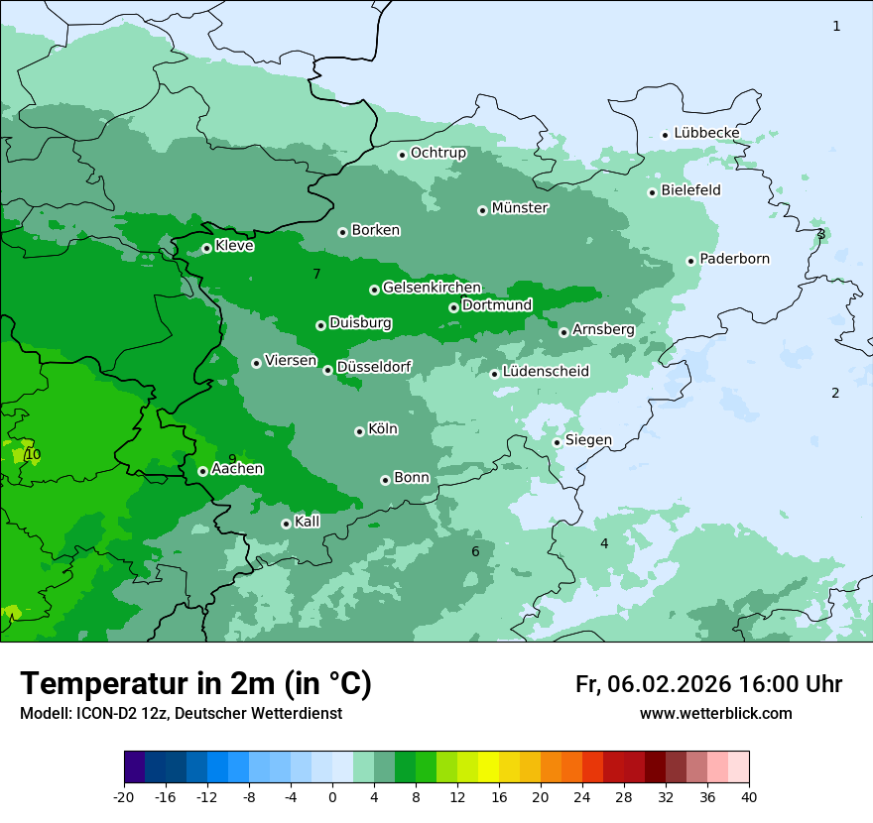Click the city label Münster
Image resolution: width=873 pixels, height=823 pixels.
(x=519, y=208)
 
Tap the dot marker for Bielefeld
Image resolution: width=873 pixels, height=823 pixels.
(x=653, y=192)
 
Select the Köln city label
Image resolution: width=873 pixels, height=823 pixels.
(x=382, y=429)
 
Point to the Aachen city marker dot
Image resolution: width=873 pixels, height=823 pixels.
(x=202, y=471)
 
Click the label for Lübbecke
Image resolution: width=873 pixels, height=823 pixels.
(x=706, y=133)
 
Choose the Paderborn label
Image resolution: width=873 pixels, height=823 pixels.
(x=734, y=259)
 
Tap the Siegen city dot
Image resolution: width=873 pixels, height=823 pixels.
(x=557, y=442)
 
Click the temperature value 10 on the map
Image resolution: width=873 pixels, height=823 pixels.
(x=33, y=455)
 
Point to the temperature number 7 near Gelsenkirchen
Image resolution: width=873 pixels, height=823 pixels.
(x=316, y=274)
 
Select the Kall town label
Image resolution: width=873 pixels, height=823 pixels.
(x=307, y=522)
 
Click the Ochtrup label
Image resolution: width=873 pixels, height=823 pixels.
(x=437, y=153)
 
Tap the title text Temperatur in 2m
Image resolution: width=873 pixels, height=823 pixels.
(x=195, y=683)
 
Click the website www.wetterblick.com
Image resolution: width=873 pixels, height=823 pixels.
(x=715, y=713)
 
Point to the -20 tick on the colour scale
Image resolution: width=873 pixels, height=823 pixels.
(x=124, y=796)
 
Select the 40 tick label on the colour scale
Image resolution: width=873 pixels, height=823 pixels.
(x=749, y=796)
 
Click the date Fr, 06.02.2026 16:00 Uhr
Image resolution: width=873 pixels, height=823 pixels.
(x=708, y=684)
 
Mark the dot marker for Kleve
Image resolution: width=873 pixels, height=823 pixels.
(x=206, y=248)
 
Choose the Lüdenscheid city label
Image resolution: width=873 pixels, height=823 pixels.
(x=546, y=372)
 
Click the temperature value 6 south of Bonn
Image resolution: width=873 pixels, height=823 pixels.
(x=475, y=552)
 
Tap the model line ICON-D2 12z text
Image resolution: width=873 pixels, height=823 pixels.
(x=181, y=713)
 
